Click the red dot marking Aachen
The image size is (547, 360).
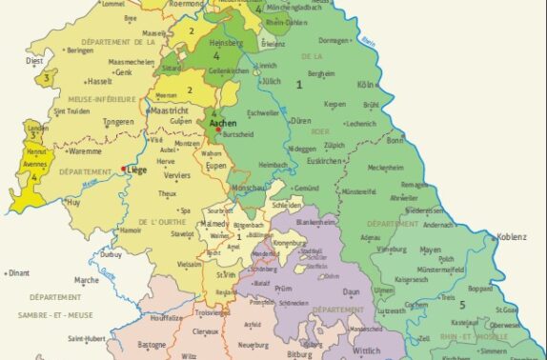218,130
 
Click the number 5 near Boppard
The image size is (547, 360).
461,304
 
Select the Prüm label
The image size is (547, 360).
284,287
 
